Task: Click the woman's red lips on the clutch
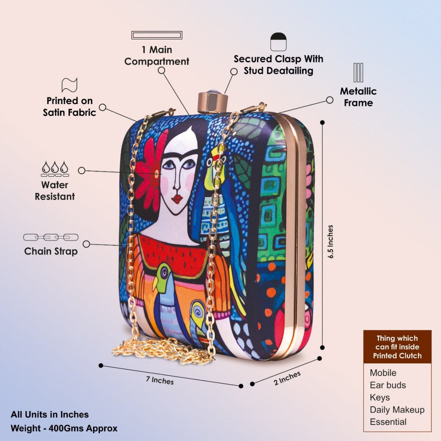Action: pyautogui.click(x=177, y=199)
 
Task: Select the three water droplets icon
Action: pyautogui.click(x=55, y=169)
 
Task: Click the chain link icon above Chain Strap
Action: pyautogui.click(x=51, y=237)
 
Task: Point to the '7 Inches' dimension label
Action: pyautogui.click(x=160, y=380)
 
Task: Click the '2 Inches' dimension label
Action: pyautogui.click(x=287, y=378)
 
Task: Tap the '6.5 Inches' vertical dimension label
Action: pyautogui.click(x=330, y=242)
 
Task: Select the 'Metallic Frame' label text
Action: pyautogui.click(x=358, y=97)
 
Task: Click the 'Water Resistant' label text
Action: pyautogui.click(x=55, y=190)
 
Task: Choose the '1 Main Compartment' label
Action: pyautogui.click(x=157, y=55)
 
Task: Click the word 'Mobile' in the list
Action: pyautogui.click(x=383, y=373)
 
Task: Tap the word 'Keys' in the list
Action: pyautogui.click(x=380, y=397)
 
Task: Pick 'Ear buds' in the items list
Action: pyautogui.click(x=388, y=385)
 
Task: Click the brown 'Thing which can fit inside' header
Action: pyautogui.click(x=397, y=347)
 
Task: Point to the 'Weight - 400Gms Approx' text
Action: pyautogui.click(x=64, y=428)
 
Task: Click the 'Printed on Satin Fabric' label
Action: pyautogui.click(x=69, y=107)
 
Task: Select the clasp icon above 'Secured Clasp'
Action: pyautogui.click(x=278, y=42)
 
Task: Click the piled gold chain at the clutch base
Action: pyautogui.click(x=163, y=350)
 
